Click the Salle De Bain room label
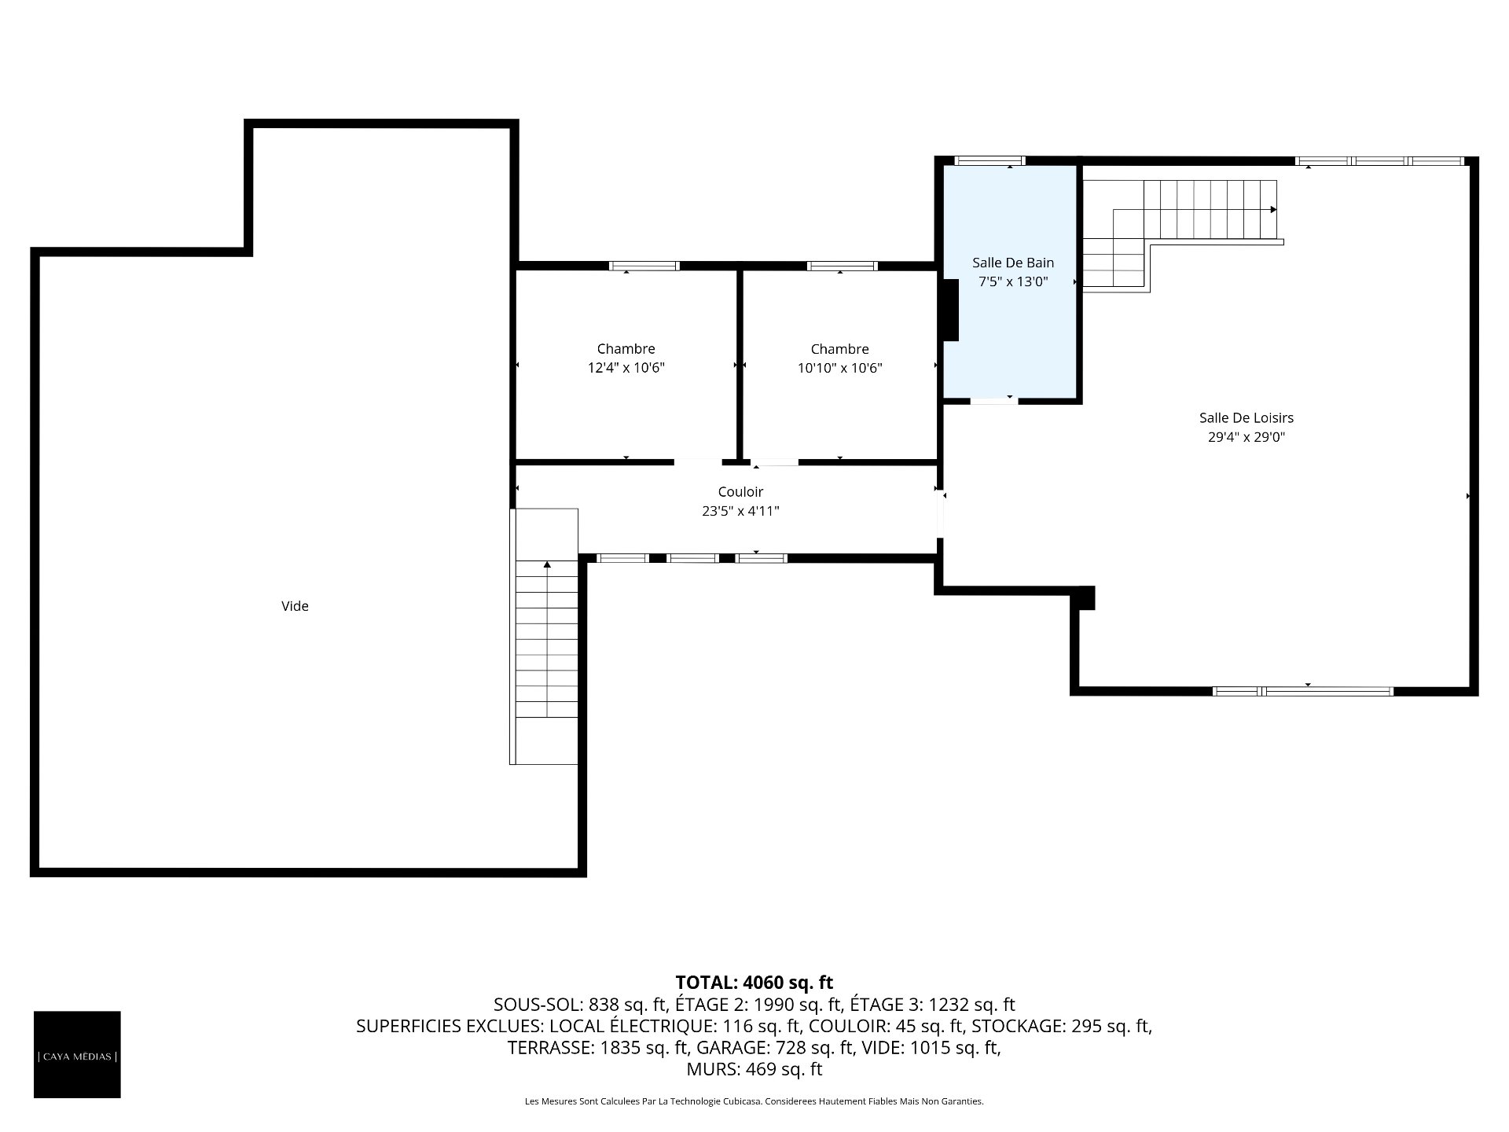(x=1012, y=263)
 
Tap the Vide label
(x=295, y=606)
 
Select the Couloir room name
(x=740, y=492)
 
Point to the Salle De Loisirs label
(x=1246, y=418)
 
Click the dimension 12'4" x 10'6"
(x=626, y=368)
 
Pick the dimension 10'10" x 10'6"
(x=839, y=368)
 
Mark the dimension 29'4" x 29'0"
(x=1246, y=437)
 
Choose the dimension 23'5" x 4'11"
(x=740, y=511)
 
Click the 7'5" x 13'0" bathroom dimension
(x=1012, y=281)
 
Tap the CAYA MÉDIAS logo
(x=77, y=1054)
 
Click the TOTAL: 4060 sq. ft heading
(x=754, y=982)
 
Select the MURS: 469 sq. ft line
(x=754, y=1069)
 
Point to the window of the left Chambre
(x=644, y=266)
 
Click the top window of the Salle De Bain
(x=989, y=161)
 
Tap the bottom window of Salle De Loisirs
(x=1302, y=692)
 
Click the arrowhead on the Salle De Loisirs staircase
(x=1273, y=210)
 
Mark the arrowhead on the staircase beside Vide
(x=547, y=564)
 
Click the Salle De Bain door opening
(x=993, y=401)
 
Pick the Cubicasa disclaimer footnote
(x=754, y=1101)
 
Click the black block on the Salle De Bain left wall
(x=950, y=311)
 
